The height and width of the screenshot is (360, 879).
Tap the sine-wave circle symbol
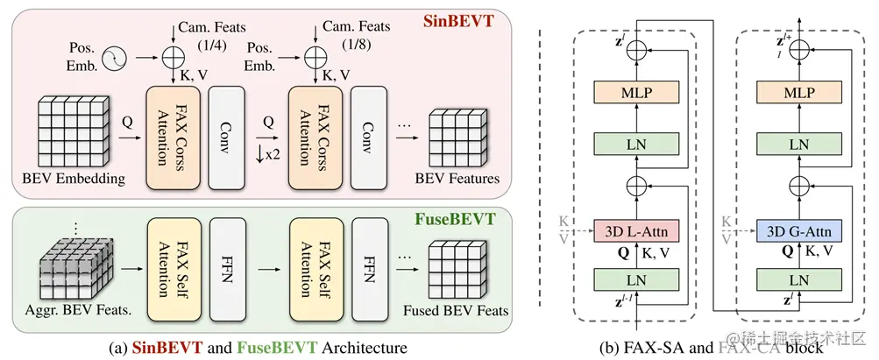(116, 59)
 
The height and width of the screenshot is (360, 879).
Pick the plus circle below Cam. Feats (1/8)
(313, 59)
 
